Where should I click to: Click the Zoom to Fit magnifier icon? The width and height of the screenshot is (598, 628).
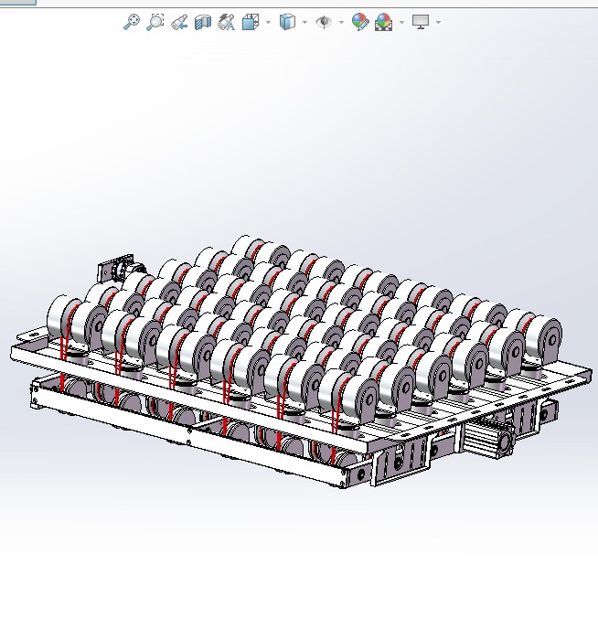(x=132, y=22)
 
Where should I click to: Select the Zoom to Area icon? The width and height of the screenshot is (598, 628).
(x=155, y=22)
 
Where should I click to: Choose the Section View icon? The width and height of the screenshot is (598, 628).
(x=203, y=22)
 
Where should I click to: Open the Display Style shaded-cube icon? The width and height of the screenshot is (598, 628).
(x=287, y=22)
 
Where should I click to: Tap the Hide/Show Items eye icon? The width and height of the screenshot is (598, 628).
(x=324, y=22)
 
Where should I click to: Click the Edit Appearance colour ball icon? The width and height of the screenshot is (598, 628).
(x=360, y=22)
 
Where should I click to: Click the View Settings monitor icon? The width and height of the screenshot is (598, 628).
(x=421, y=21)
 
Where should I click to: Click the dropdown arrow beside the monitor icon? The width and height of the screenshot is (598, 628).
(x=439, y=22)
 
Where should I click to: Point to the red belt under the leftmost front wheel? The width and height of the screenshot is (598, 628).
(x=64, y=352)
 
